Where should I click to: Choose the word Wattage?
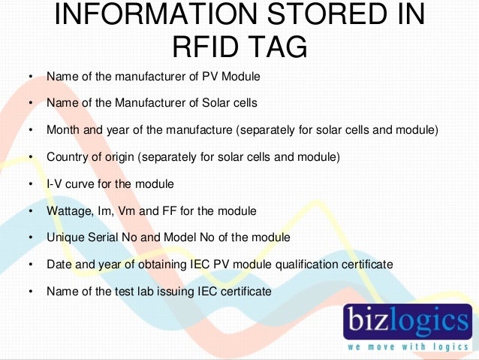click(68, 211)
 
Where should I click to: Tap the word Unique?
click(64, 237)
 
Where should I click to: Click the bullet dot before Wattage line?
click(31, 211)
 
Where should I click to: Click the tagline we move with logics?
click(408, 346)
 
